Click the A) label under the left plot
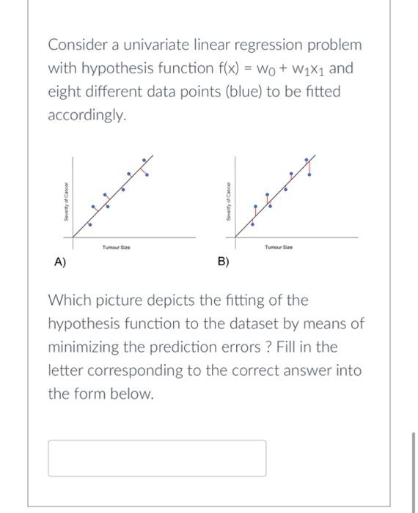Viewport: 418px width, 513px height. [x=59, y=262]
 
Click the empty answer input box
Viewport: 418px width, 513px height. [x=157, y=458]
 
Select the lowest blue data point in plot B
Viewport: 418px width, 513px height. [x=254, y=222]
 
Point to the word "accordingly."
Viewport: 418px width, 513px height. [x=87, y=116]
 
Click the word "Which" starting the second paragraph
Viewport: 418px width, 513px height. [x=68, y=300]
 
